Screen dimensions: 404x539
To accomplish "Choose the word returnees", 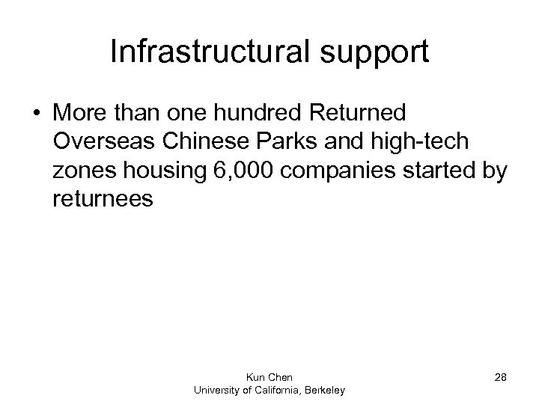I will [x=104, y=200].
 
